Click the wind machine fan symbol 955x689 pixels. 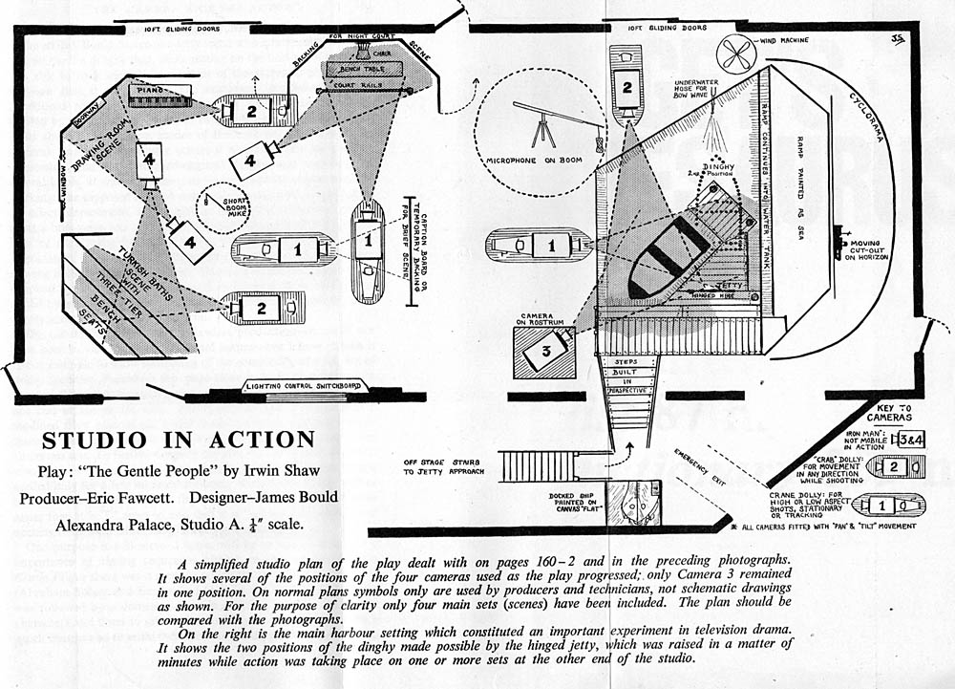[x=737, y=54]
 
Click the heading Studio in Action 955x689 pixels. [x=178, y=441]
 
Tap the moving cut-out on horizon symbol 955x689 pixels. [x=842, y=243]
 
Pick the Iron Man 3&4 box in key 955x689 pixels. [x=905, y=439]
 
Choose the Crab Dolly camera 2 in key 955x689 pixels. [x=893, y=467]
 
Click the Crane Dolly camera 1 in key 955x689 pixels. [x=890, y=504]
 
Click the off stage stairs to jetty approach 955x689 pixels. [x=538, y=466]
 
